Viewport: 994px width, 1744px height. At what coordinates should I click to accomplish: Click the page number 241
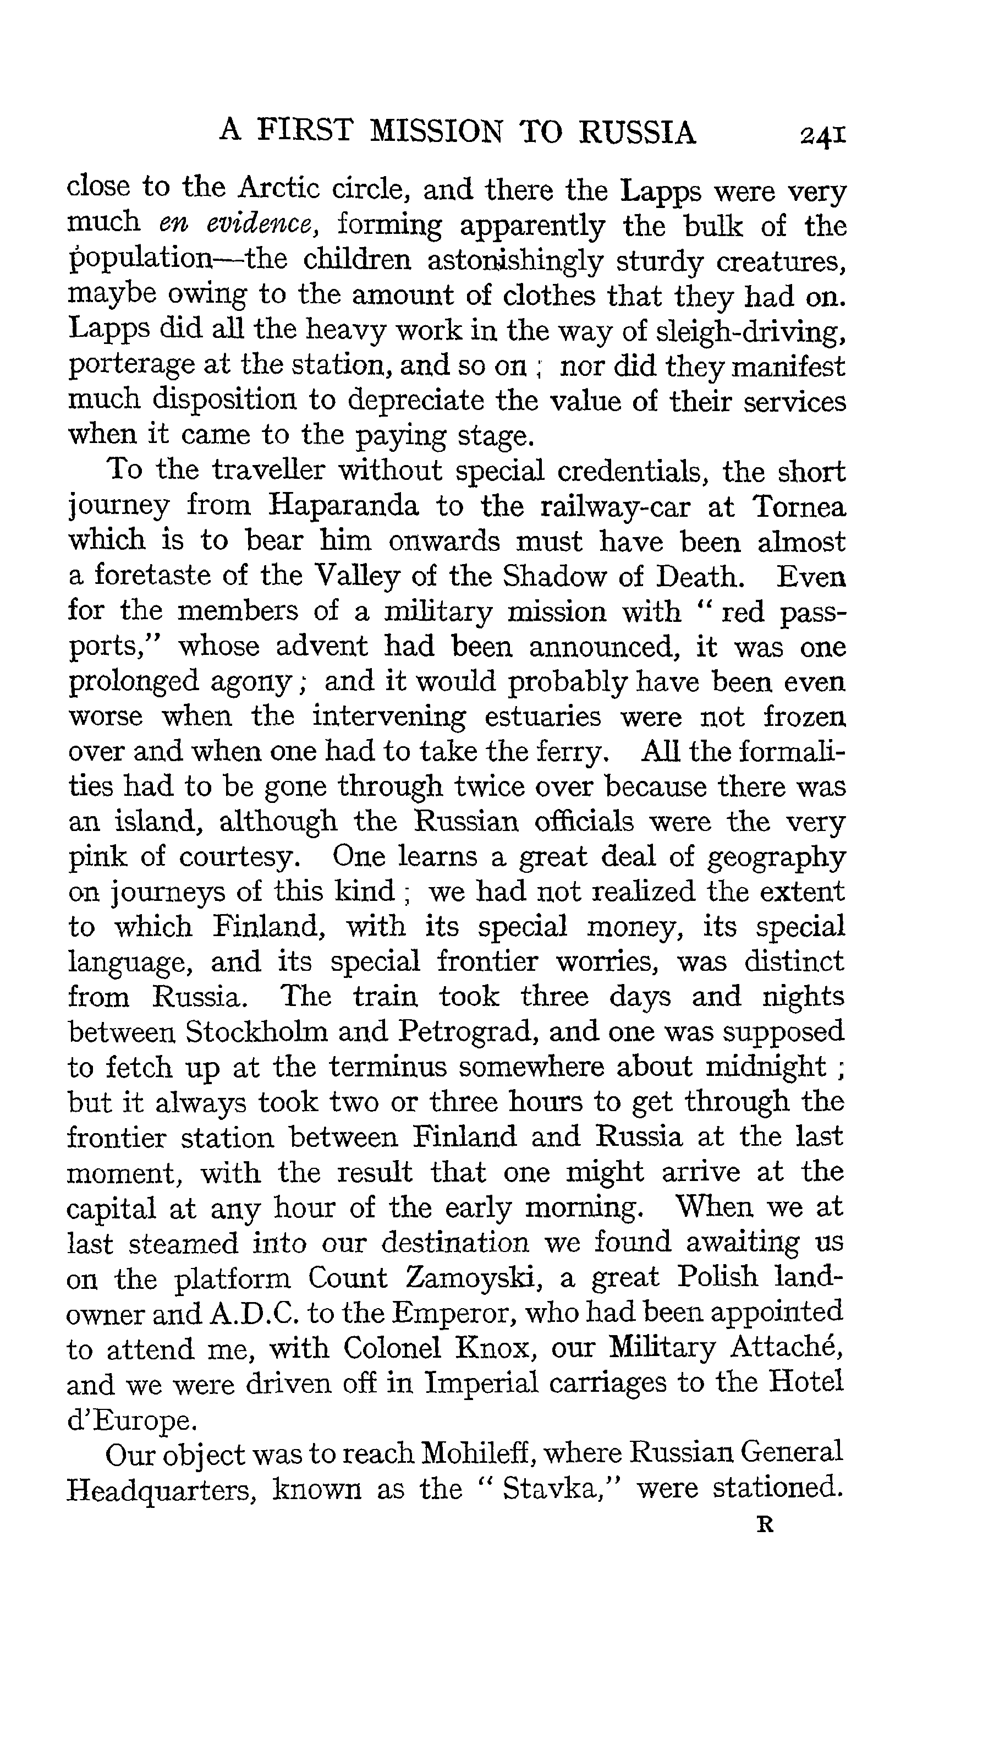pos(822,134)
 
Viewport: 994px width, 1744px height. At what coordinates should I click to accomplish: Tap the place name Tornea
pos(799,506)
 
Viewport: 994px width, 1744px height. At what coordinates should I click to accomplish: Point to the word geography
pos(776,857)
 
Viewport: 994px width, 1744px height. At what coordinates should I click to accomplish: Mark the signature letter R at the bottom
pos(765,1526)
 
